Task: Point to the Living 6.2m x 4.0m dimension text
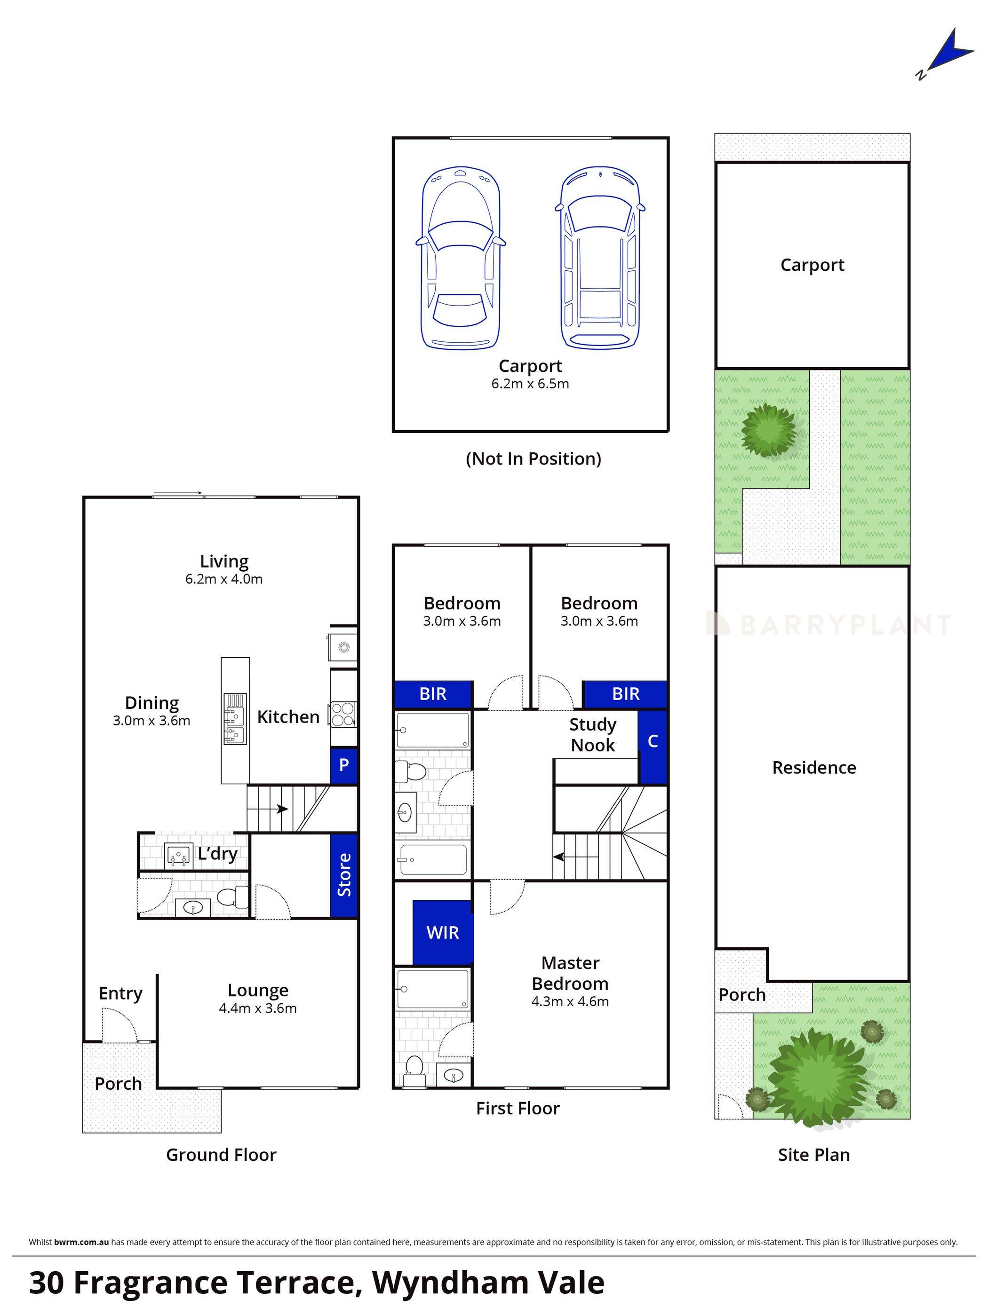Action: (223, 579)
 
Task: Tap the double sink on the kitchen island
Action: (235, 719)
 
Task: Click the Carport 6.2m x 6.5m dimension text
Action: (529, 384)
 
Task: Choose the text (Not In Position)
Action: (533, 459)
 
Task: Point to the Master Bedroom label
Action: (570, 973)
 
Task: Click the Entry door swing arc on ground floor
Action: (119, 1024)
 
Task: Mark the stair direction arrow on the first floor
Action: (574, 857)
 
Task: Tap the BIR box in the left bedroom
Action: (432, 694)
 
